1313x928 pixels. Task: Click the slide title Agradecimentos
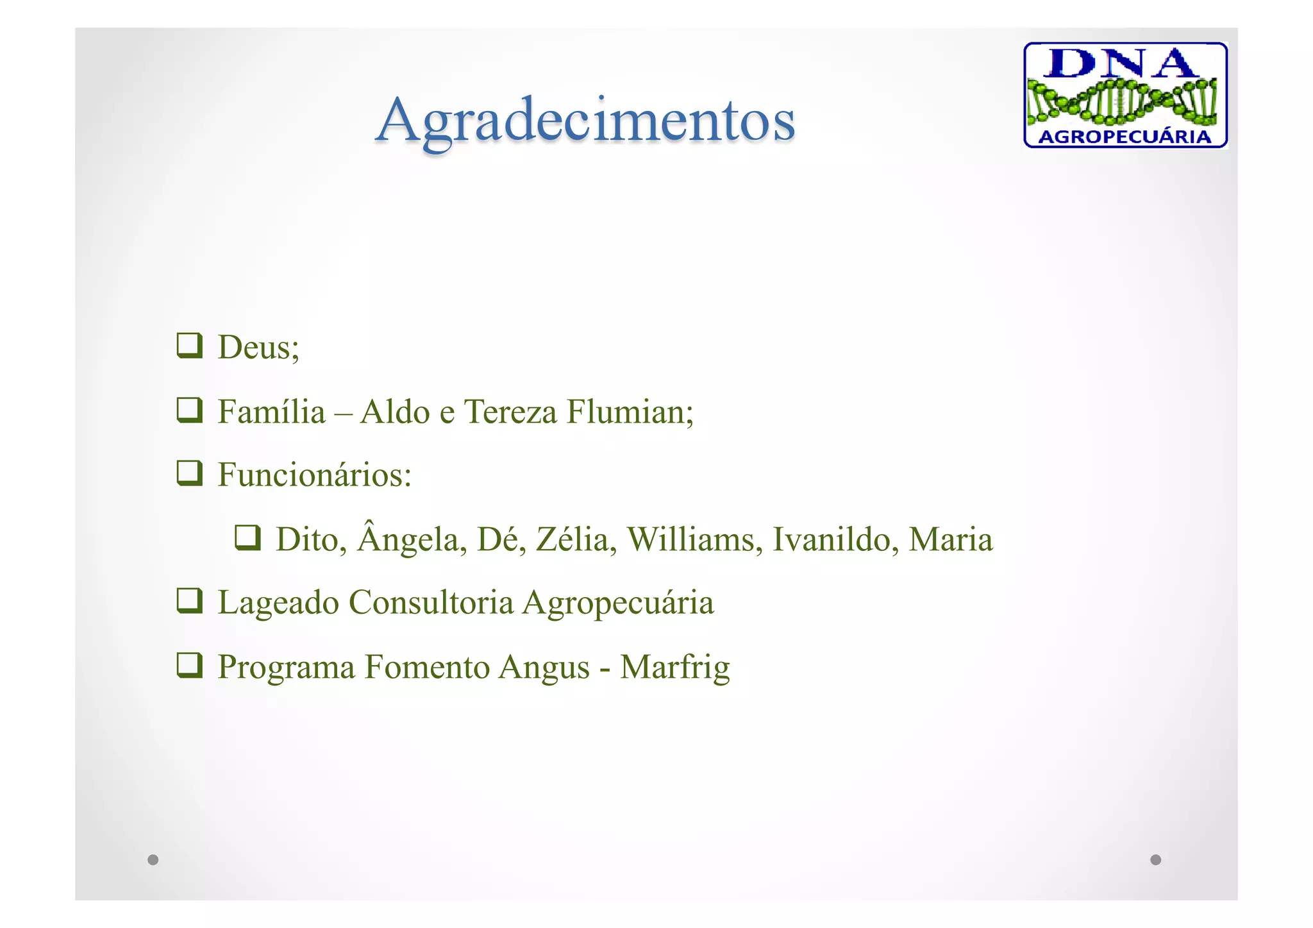click(585, 121)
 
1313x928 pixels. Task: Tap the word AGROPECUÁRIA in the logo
click(1125, 137)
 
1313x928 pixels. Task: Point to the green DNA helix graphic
click(1122, 101)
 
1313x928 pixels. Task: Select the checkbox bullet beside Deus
click(190, 346)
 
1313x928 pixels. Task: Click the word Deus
click(258, 347)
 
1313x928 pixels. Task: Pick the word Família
click(271, 411)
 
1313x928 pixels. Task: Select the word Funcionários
click(314, 475)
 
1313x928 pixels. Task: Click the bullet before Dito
click(247, 538)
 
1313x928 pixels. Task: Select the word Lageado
click(278, 603)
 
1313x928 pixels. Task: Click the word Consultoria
click(431, 602)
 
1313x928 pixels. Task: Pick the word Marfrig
click(674, 667)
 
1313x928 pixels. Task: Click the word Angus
click(544, 668)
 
